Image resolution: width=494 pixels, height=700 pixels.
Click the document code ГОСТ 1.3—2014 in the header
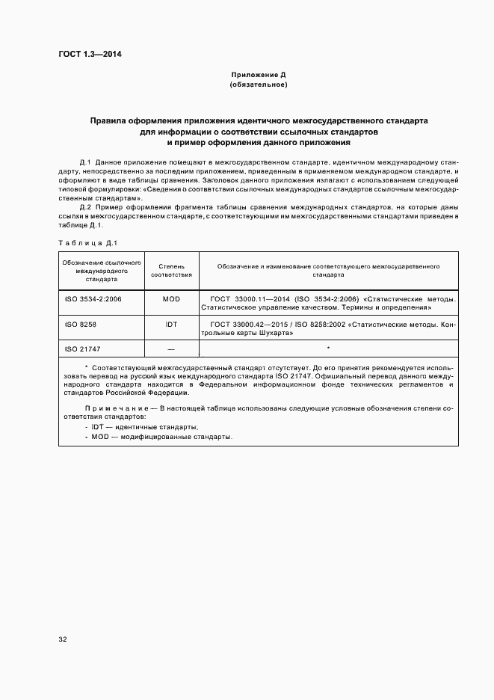[90, 55]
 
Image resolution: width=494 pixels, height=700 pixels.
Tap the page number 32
[63, 639]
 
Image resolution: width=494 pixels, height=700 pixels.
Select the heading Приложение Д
[258, 76]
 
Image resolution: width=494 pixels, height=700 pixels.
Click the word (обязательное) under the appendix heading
[258, 85]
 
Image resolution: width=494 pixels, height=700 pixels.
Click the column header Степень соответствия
[171, 270]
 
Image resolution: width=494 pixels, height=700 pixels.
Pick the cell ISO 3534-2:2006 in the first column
[93, 298]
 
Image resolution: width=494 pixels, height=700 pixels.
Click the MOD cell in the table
[171, 298]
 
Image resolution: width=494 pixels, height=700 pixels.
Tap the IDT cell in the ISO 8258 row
[171, 324]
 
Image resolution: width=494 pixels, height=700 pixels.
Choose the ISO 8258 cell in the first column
[81, 324]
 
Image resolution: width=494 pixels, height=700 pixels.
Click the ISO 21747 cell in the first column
[83, 349]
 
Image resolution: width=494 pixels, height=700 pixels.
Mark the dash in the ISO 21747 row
[171, 349]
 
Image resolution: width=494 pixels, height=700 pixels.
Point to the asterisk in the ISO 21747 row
[329, 349]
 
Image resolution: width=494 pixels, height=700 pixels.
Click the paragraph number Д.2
[85, 206]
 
